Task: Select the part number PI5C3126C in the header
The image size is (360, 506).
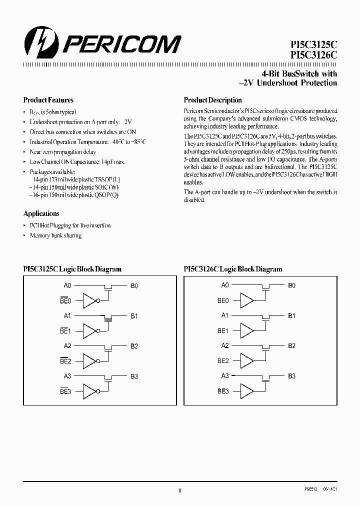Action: [309, 56]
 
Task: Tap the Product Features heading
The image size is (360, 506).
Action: [48, 100]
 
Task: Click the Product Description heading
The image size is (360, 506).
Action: [213, 100]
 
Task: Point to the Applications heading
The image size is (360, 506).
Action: [41, 213]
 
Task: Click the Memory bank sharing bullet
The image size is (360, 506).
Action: [55, 235]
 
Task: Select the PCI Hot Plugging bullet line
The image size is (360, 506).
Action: [70, 225]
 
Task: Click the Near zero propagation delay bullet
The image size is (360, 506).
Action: [62, 152]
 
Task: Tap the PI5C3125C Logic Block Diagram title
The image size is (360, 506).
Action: [72, 269]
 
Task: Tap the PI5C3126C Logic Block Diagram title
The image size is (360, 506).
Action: [233, 269]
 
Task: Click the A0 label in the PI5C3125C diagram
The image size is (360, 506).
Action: [67, 285]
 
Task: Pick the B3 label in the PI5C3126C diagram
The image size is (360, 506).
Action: [291, 376]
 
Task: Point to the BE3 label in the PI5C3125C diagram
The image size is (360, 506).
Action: [66, 391]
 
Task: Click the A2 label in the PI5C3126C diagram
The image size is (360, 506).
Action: [225, 345]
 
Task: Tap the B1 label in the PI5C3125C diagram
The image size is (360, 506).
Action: [134, 316]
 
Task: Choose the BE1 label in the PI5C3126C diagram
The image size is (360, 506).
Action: [223, 331]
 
